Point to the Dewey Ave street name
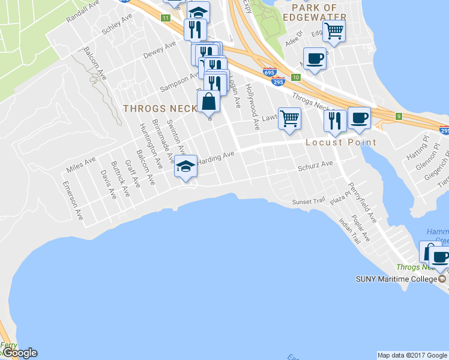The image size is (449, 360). [x=160, y=51]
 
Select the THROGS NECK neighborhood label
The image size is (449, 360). [x=159, y=109]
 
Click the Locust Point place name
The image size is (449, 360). [x=340, y=142]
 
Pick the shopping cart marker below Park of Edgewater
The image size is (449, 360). [x=334, y=30]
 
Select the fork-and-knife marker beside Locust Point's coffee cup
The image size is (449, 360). [x=334, y=120]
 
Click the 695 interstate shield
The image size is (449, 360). [x=269, y=73]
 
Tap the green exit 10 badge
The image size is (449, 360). [x=296, y=77]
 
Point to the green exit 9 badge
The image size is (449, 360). [x=399, y=116]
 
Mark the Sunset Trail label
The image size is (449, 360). [x=307, y=202]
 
